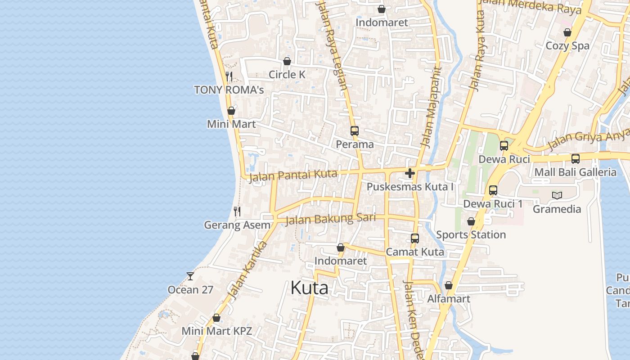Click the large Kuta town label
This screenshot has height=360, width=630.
[x=309, y=288]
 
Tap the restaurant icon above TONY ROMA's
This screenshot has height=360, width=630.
[x=229, y=76]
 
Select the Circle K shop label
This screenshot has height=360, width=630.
[x=287, y=75]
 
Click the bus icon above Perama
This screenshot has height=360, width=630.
[x=355, y=131]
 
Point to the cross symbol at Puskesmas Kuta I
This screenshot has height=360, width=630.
[x=409, y=173]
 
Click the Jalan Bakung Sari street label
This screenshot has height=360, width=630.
[x=330, y=219]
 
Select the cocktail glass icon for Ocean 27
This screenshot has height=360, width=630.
[x=190, y=276]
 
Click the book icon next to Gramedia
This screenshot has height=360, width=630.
[x=557, y=195]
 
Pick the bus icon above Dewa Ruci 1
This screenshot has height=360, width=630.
[x=493, y=190]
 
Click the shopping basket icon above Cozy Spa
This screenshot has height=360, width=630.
[x=567, y=32]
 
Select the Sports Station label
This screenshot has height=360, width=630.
[x=471, y=234]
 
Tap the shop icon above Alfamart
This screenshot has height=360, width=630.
[x=448, y=285]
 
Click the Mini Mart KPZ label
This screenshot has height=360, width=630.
[x=216, y=331]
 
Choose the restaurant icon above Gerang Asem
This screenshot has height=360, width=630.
[x=237, y=211]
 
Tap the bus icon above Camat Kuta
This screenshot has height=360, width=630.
[x=415, y=238]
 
